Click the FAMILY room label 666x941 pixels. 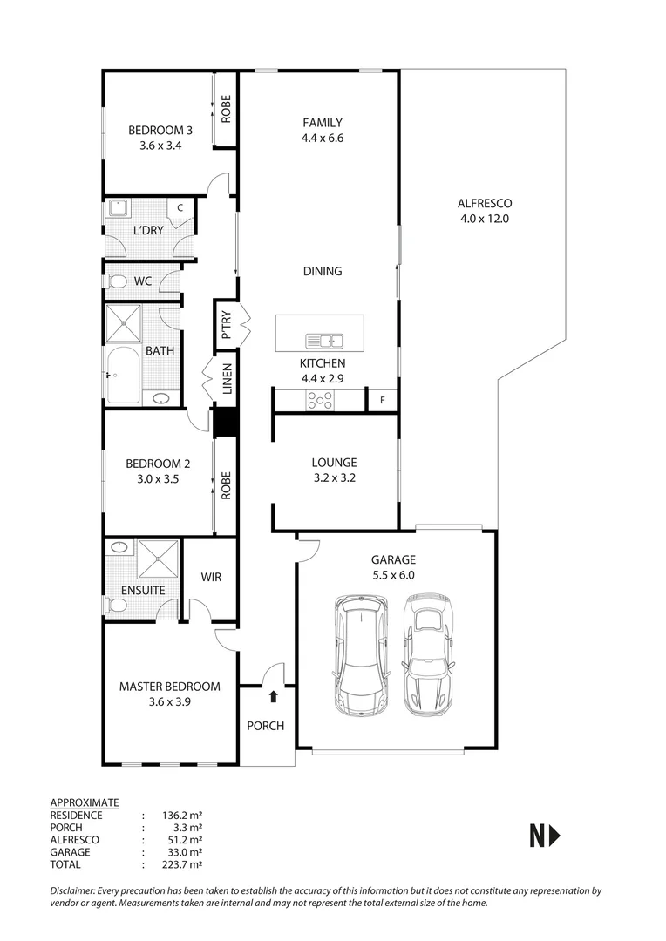(322, 123)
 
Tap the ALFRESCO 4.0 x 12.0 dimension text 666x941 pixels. (484, 219)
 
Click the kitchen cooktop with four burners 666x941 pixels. (319, 400)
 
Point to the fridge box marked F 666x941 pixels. (381, 401)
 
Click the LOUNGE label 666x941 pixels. (334, 463)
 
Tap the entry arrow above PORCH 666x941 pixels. (274, 696)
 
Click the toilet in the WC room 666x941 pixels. (117, 281)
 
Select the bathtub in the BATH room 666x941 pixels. (124, 376)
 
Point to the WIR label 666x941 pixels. (212, 578)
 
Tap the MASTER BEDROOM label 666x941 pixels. (169, 687)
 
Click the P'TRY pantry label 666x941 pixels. (226, 323)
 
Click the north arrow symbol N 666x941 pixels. (545, 836)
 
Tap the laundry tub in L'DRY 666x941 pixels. (117, 208)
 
